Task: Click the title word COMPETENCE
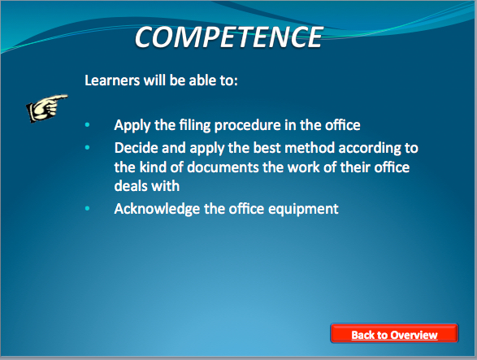[228, 37]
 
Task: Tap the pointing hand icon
[46, 108]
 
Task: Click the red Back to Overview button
[394, 333]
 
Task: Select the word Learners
[112, 80]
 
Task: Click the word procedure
[248, 125]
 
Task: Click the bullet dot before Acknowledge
[87, 209]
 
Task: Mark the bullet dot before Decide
[87, 148]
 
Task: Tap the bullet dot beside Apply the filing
[87, 124]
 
